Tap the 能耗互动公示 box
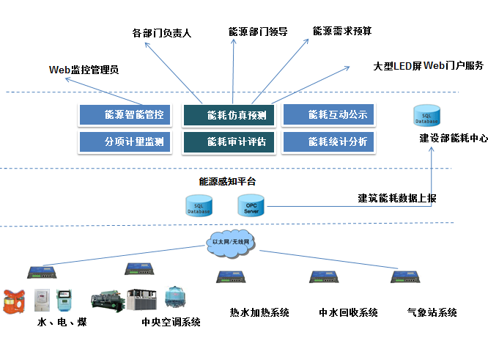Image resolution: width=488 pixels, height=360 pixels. (x=328, y=115)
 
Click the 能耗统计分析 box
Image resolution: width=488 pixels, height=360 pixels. (x=328, y=141)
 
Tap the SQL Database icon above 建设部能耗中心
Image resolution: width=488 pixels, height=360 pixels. (x=427, y=115)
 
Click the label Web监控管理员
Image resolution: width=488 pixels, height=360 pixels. (x=83, y=70)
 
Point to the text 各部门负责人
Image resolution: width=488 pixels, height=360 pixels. (x=161, y=34)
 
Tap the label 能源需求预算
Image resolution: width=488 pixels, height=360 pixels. (x=342, y=31)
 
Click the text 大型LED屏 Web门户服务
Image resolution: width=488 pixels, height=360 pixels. (x=428, y=66)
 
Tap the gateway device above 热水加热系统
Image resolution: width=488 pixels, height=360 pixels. (x=232, y=277)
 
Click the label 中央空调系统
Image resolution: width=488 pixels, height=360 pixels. (x=171, y=322)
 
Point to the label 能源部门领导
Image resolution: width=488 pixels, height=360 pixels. (x=258, y=32)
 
